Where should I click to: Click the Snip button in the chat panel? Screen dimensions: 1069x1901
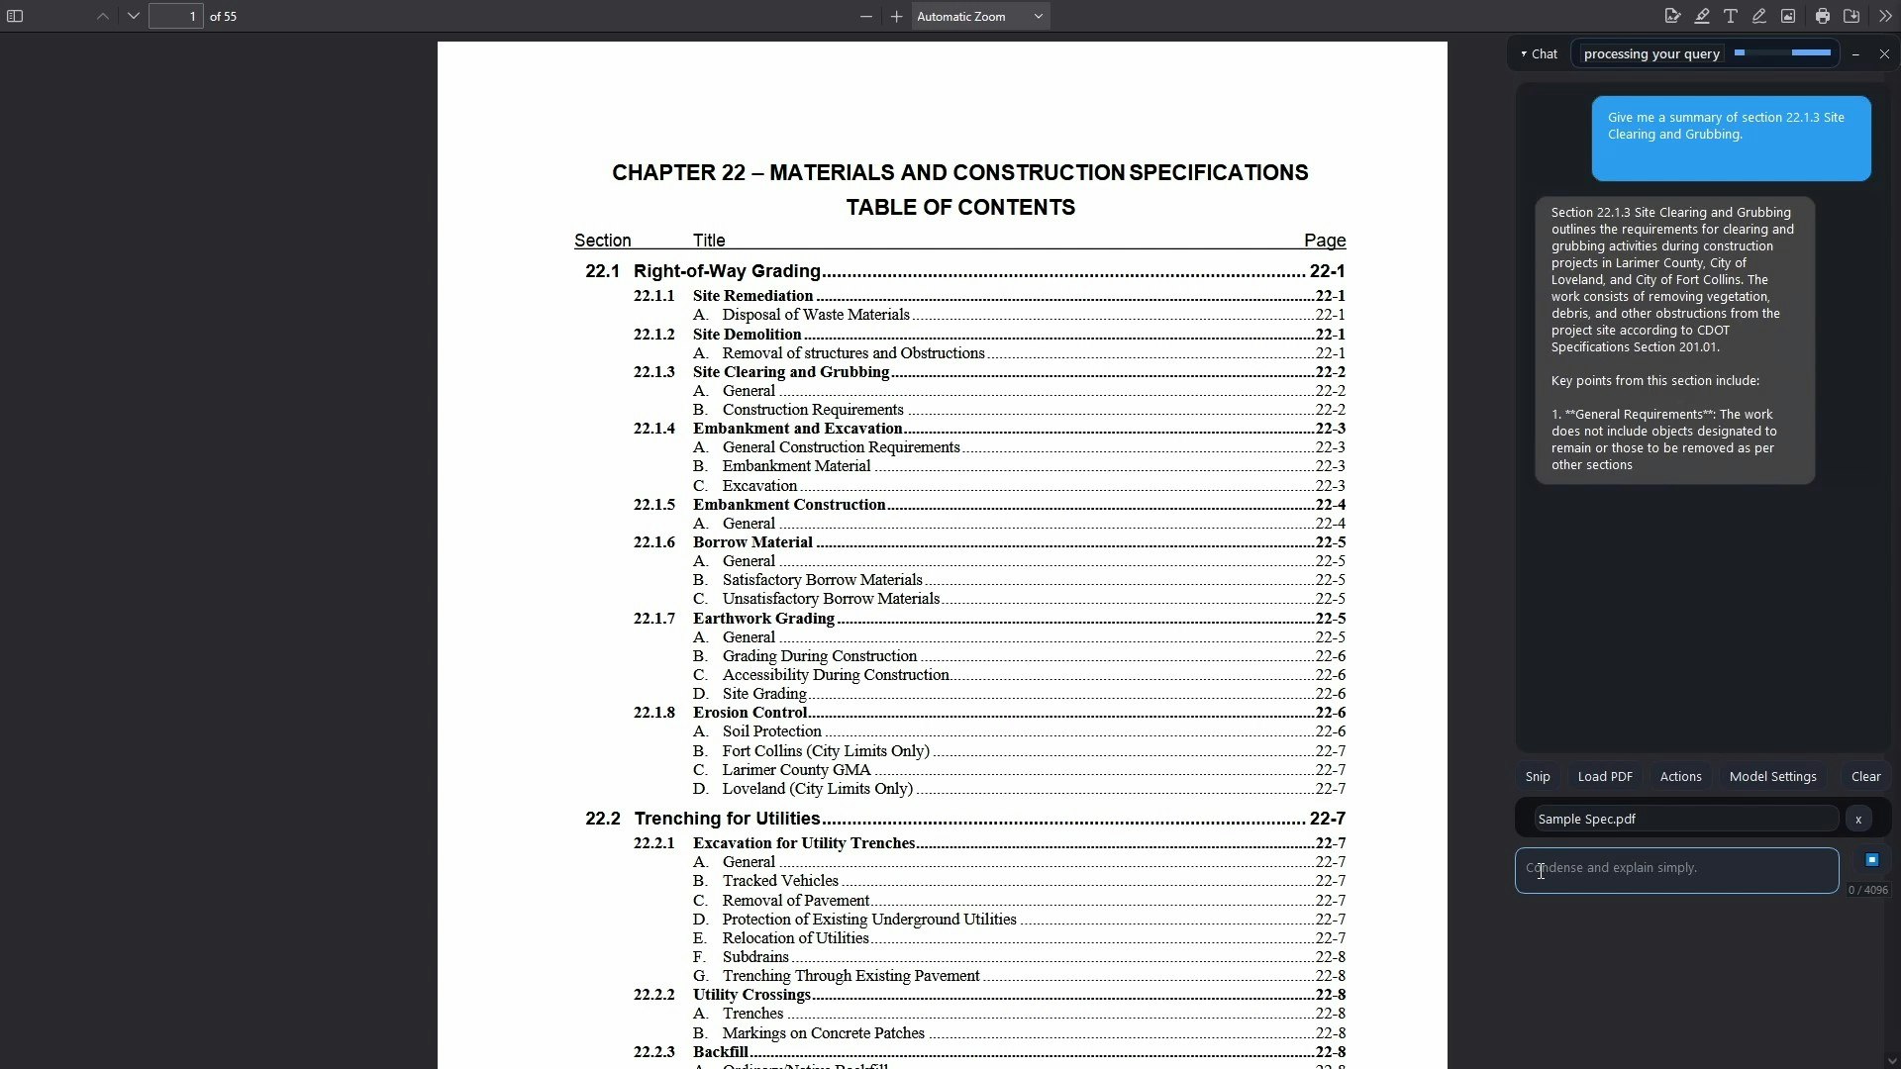point(1538,777)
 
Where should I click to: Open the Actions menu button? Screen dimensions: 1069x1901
point(1680,777)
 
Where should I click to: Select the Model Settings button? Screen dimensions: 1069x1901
point(1772,777)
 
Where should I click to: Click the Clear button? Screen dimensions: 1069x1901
point(1865,777)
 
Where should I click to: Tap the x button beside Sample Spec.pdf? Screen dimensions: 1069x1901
point(1858,820)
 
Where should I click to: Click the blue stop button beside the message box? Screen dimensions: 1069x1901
point(1871,860)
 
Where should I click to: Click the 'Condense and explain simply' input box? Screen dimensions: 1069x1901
point(1676,870)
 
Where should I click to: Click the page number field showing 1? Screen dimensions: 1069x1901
point(176,17)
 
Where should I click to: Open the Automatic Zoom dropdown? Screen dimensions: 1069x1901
point(980,17)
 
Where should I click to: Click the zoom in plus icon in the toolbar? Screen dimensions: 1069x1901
point(896,17)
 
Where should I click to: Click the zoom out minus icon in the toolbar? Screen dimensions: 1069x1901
point(866,17)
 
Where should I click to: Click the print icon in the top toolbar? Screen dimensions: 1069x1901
point(1822,17)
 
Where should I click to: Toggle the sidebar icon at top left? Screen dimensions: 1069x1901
point(15,17)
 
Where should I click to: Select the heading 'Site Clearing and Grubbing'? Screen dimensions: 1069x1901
point(791,372)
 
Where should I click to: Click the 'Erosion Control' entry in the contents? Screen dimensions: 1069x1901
point(750,713)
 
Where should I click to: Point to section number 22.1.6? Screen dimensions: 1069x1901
point(653,542)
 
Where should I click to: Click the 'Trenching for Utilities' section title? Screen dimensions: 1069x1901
point(727,819)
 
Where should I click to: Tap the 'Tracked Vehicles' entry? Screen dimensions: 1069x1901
point(780,881)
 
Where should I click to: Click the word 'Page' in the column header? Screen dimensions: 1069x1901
point(1325,241)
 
